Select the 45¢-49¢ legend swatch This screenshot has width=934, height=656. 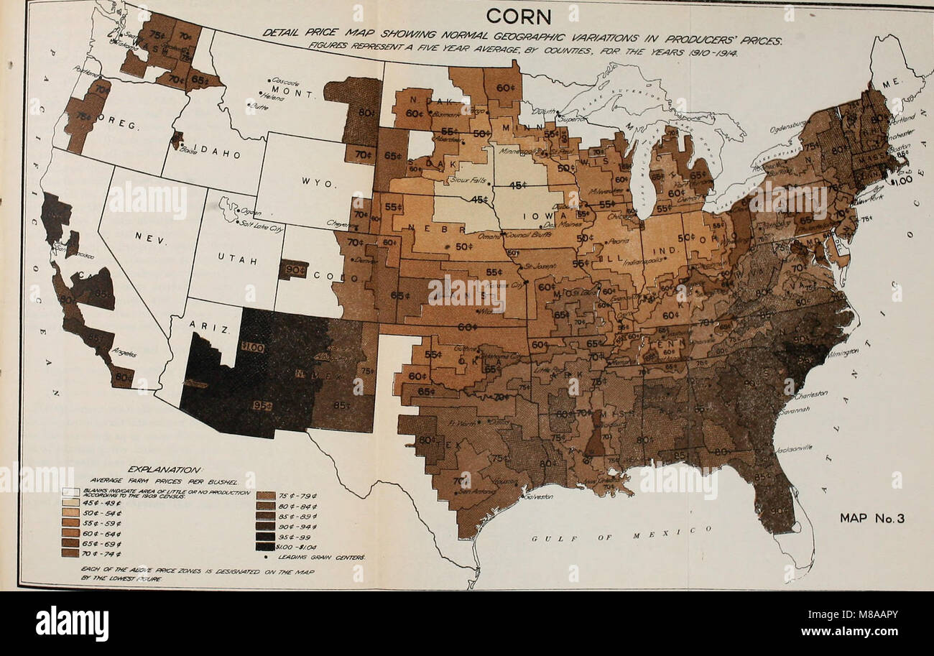click(70, 503)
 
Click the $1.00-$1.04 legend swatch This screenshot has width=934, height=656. click(264, 545)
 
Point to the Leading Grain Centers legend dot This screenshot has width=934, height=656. click(264, 556)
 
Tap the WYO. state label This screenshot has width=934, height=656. click(315, 185)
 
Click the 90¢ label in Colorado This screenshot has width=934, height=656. click(292, 269)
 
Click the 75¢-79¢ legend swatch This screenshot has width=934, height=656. click(264, 495)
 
